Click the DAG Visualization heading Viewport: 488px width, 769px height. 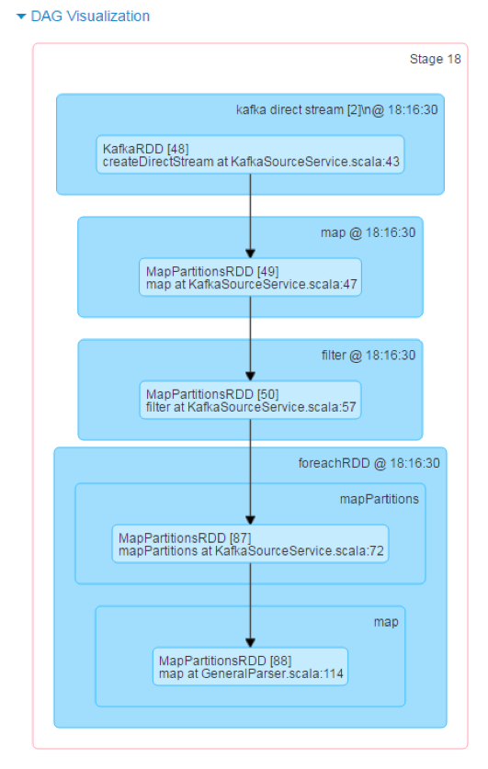90,17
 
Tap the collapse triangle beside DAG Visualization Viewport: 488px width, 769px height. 21,17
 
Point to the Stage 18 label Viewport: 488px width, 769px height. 435,59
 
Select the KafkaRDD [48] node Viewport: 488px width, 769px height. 250,154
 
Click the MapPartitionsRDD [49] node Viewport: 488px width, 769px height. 250,277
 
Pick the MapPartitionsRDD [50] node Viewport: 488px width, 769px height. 250,400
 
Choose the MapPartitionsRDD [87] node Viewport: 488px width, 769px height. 250,543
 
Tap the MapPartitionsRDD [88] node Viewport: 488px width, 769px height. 250,666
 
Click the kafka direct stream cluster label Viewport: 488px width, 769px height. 337,110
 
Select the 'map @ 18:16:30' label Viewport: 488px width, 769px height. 368,232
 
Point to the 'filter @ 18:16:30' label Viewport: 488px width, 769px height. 369,355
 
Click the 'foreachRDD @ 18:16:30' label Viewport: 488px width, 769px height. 369,463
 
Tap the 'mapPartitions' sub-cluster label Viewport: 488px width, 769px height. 380,499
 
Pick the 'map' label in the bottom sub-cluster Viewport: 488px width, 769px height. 386,622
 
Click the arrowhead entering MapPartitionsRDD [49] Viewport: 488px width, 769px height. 250,254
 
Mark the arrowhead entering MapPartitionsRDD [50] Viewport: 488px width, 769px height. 250,376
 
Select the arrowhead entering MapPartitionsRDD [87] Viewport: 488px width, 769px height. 250,520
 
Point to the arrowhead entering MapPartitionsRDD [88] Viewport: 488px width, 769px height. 250,643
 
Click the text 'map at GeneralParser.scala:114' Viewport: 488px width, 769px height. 251,673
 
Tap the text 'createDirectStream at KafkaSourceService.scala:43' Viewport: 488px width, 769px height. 251,162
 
